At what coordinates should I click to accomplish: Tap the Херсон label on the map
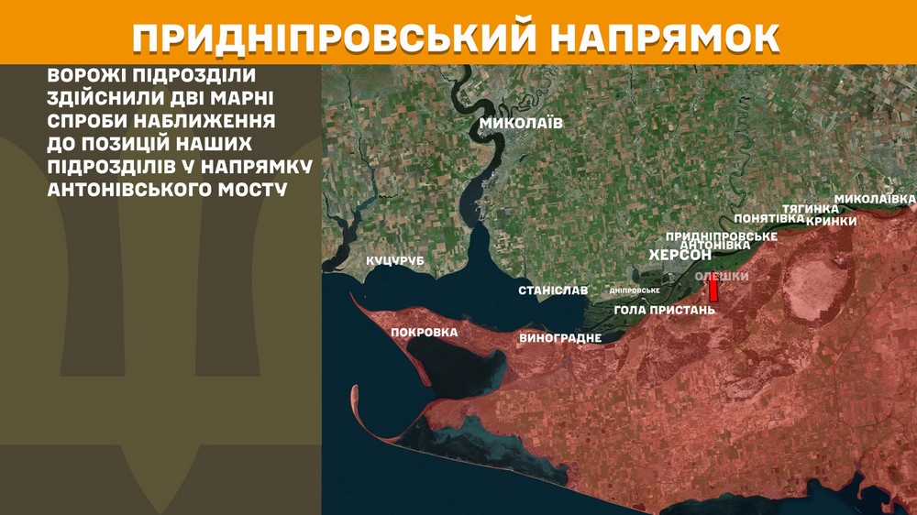(x=680, y=255)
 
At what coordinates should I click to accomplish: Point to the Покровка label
(x=424, y=332)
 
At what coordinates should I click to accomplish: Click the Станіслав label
(x=553, y=290)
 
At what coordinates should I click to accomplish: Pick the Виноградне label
(x=560, y=338)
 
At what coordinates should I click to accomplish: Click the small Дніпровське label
(x=635, y=290)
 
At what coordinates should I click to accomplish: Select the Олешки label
(x=723, y=277)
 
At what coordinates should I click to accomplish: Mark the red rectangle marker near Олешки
(x=713, y=291)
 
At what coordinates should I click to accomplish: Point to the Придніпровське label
(x=721, y=236)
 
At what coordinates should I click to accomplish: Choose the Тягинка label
(x=805, y=209)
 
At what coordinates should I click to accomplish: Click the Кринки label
(x=831, y=221)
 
